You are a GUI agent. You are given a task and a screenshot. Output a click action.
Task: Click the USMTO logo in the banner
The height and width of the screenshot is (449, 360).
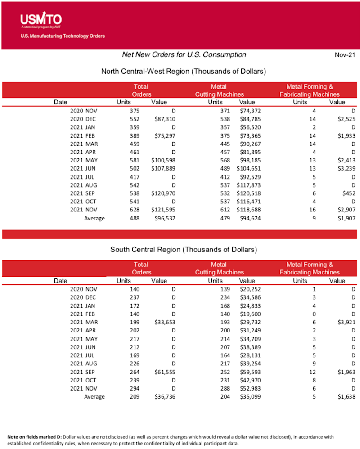[41, 20]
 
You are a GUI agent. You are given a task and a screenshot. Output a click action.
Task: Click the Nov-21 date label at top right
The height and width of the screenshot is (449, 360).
[345, 55]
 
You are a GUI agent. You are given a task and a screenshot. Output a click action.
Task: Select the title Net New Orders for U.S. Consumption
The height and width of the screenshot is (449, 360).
[184, 54]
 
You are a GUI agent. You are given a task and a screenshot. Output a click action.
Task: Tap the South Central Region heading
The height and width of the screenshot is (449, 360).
[184, 249]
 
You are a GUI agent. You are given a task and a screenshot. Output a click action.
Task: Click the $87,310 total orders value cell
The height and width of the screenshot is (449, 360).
[165, 119]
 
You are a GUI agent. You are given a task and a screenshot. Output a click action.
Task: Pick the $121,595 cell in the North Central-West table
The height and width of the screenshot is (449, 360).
[163, 210]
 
